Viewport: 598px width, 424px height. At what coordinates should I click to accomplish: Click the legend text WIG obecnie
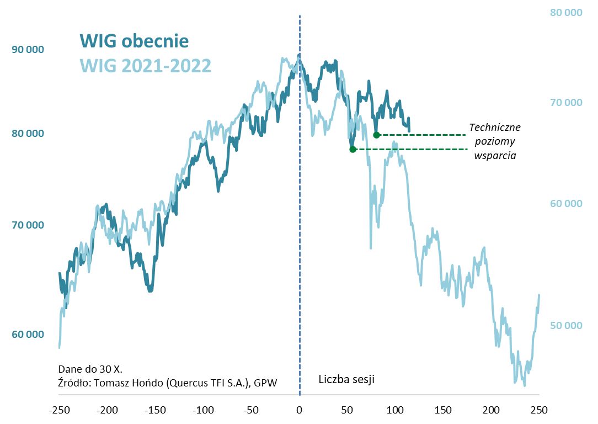134,41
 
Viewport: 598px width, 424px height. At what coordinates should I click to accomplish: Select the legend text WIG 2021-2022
146,66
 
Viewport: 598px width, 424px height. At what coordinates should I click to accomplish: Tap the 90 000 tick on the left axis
28,50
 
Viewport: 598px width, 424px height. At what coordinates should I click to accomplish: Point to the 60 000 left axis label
28,335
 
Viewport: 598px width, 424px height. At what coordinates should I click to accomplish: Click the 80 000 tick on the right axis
566,12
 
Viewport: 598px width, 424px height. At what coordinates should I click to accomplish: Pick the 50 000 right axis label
566,326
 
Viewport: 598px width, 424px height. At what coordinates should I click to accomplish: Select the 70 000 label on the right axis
566,102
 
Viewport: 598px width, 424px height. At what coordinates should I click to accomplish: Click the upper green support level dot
376,135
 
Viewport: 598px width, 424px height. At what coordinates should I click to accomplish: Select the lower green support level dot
353,149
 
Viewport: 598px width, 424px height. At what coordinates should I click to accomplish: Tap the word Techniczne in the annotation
495,127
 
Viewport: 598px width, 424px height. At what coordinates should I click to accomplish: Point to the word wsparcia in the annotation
495,156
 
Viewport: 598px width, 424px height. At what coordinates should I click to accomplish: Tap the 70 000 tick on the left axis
28,225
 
